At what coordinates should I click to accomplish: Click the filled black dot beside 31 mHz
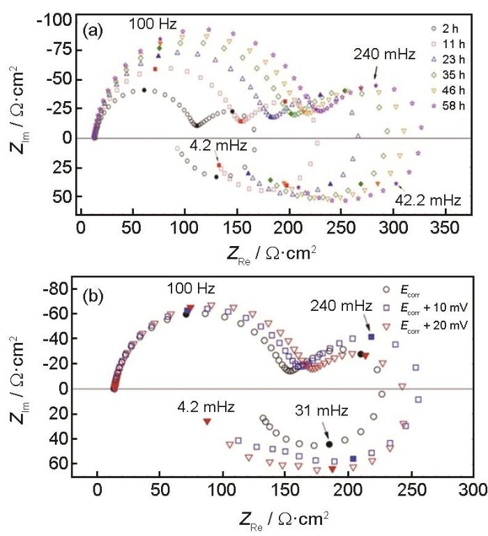[x=329, y=444]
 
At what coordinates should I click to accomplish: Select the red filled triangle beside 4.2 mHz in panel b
[x=207, y=422]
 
